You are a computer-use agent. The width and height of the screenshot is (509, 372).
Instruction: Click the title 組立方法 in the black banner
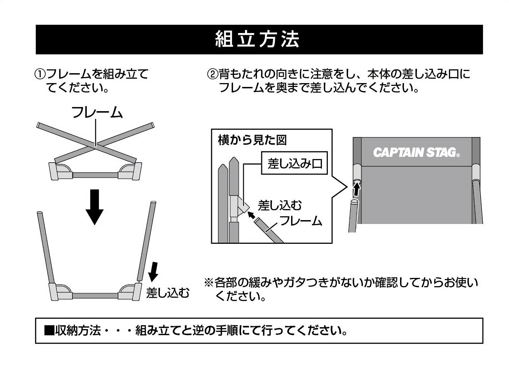click(x=257, y=39)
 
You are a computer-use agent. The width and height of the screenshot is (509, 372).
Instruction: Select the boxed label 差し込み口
click(x=294, y=163)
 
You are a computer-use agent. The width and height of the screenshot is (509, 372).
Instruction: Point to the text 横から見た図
click(x=252, y=140)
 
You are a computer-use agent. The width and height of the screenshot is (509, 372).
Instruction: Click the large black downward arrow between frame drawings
click(x=94, y=207)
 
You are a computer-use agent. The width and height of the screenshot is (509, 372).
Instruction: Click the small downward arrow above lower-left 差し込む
click(x=153, y=272)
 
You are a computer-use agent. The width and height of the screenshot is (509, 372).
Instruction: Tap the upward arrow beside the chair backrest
click(x=357, y=190)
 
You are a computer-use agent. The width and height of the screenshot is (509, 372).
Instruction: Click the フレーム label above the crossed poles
click(x=97, y=112)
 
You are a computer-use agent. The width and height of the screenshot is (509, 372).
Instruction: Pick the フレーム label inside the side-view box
click(x=301, y=221)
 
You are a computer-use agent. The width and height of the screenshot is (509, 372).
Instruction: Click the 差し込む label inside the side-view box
click(x=280, y=205)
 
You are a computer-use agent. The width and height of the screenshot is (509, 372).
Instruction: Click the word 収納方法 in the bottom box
click(x=78, y=330)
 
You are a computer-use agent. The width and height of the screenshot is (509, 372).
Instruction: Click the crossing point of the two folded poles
click(x=95, y=144)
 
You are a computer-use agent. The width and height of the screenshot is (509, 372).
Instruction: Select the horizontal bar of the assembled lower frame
click(x=95, y=296)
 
